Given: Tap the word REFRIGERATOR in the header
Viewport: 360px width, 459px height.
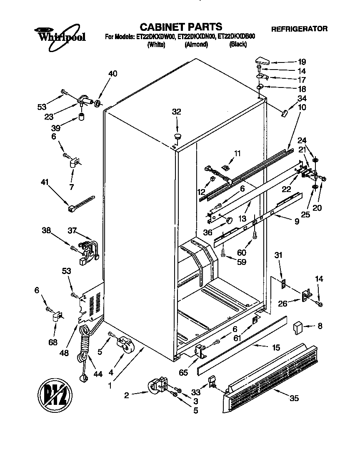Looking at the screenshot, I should click(299, 29).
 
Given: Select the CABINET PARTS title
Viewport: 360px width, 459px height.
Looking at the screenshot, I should click(180, 27).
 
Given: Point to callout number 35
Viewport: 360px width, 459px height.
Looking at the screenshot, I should click(294, 398).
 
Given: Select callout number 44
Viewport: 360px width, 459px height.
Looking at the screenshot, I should click(97, 374).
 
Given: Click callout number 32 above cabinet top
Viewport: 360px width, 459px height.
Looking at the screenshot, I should click(177, 112).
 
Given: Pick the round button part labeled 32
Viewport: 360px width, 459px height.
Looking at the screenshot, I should click(178, 136).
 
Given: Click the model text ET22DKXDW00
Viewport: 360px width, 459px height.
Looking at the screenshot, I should click(156, 37).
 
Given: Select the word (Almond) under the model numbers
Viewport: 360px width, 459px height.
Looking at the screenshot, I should click(196, 45).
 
